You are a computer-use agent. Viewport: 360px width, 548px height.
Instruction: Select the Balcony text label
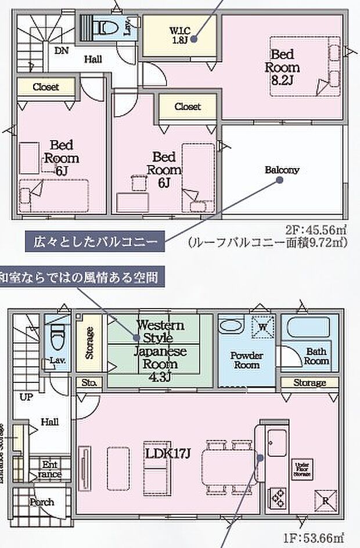tap(282, 170)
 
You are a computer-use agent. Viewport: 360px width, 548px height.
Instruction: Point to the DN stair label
tap(62, 51)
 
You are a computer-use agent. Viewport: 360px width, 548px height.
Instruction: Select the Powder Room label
tap(246, 360)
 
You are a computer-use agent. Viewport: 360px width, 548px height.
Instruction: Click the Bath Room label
tap(316, 356)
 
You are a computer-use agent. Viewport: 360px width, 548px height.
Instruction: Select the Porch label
tap(42, 502)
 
